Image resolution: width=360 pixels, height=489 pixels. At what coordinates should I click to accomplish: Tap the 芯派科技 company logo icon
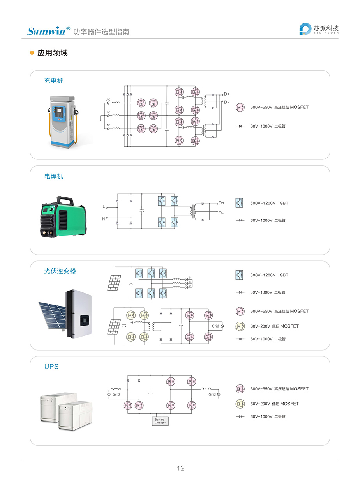tap(305, 29)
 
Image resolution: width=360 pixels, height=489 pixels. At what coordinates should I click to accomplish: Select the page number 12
tap(180, 468)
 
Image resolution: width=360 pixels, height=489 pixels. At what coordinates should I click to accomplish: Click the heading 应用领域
tap(52, 53)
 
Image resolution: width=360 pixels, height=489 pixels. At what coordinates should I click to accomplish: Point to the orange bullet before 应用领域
tap(32, 53)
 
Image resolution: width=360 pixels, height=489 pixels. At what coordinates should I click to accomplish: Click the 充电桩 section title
tap(53, 81)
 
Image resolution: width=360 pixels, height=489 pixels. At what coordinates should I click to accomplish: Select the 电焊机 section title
tap(53, 176)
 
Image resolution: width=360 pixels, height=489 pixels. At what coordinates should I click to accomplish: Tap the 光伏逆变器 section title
tap(60, 271)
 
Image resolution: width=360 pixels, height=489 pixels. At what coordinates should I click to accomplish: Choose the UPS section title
tap(51, 367)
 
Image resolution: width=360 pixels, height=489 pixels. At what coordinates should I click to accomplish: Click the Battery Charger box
tap(160, 421)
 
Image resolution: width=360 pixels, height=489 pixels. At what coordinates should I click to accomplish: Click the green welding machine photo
tap(61, 217)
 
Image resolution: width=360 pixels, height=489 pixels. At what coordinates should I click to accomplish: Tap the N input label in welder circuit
tap(104, 219)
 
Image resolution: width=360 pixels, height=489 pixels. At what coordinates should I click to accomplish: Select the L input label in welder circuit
tap(104, 206)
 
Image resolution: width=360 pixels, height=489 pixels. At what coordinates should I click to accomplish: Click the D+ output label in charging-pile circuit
tap(226, 94)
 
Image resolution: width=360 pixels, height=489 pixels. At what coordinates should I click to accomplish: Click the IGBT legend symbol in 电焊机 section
tap(239, 203)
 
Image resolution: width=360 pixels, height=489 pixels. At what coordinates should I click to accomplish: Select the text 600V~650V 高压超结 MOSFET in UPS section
tap(279, 389)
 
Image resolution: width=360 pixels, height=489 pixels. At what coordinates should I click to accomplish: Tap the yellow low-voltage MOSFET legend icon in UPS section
tap(240, 404)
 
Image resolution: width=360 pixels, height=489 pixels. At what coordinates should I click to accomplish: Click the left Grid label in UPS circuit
tap(116, 395)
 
